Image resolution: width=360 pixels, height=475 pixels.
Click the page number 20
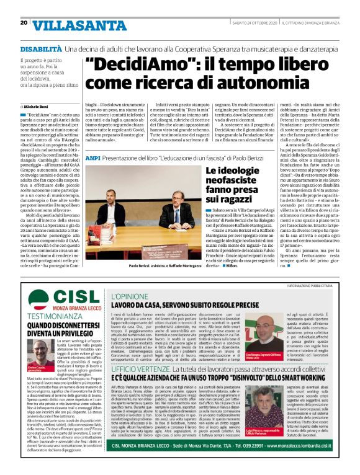pos(24,23)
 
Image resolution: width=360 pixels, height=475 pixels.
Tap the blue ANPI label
pos(92,159)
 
